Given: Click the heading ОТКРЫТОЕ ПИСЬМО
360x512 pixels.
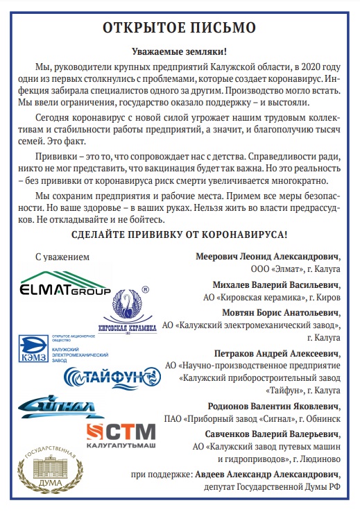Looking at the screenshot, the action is [x=180, y=28].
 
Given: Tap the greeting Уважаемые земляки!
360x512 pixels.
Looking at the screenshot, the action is [x=180, y=52].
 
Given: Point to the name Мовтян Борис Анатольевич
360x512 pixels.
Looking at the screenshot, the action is [x=280, y=312].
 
